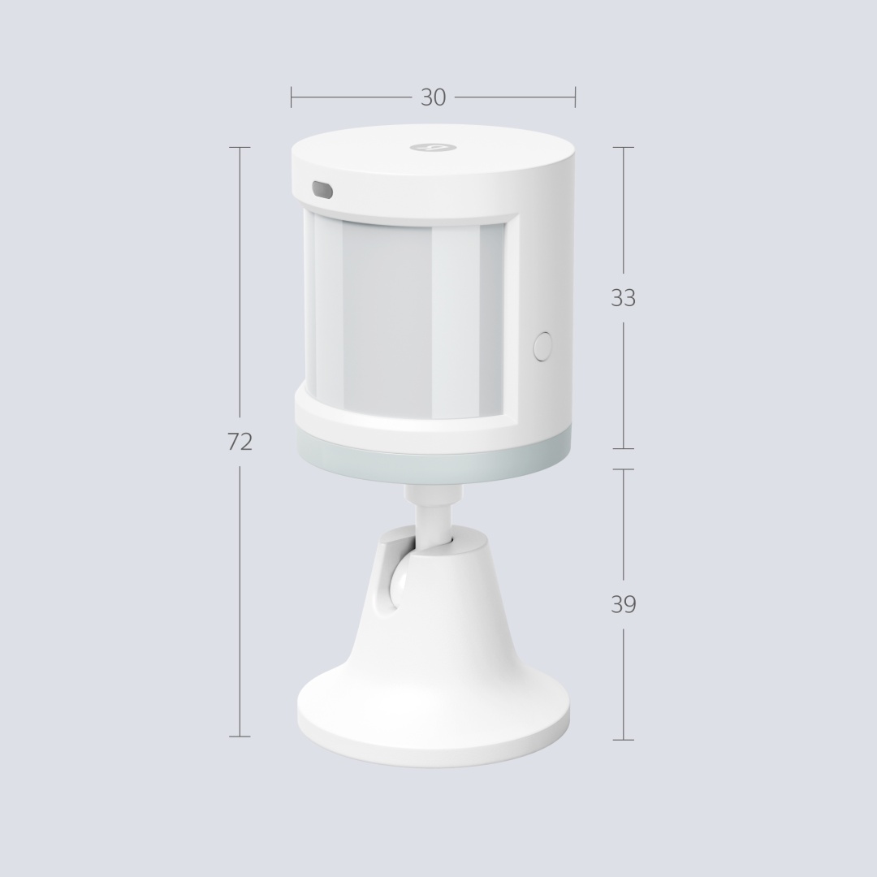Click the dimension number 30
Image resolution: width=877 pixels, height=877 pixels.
(434, 97)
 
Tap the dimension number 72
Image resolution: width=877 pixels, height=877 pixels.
(240, 442)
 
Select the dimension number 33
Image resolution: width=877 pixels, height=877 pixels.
(623, 298)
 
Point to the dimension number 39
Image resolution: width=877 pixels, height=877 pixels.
(623, 605)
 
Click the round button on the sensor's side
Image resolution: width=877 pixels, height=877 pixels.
(542, 346)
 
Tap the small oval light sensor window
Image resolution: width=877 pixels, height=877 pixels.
(322, 189)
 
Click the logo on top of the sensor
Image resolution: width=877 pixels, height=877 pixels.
(434, 147)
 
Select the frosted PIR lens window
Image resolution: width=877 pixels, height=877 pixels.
(404, 318)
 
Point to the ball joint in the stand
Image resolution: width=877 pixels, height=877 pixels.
(398, 587)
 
